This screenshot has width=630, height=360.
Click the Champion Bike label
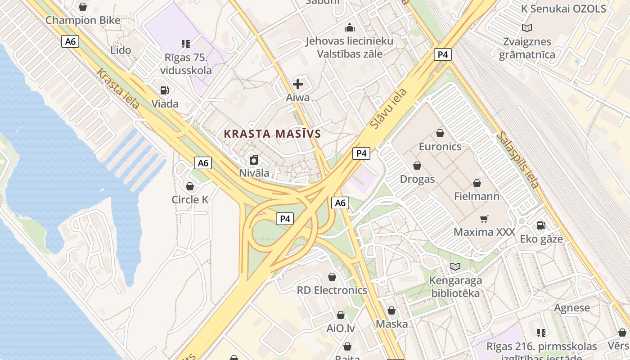(x=83, y=20)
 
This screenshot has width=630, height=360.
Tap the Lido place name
(x=121, y=50)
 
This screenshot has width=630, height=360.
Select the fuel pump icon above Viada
(x=165, y=90)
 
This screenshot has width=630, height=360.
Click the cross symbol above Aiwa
(x=298, y=84)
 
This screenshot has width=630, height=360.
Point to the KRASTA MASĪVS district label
(x=272, y=134)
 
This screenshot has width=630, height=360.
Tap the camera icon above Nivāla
(x=254, y=160)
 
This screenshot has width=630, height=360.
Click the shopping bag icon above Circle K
(x=190, y=186)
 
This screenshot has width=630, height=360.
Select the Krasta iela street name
(x=117, y=89)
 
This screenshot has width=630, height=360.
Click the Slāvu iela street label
(x=389, y=108)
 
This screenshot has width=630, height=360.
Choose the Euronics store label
(x=440, y=147)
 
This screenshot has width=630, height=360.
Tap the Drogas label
(x=417, y=179)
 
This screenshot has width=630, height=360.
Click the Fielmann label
(x=477, y=196)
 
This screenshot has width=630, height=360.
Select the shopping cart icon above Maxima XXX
(x=484, y=219)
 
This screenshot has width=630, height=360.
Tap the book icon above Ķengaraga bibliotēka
(x=455, y=267)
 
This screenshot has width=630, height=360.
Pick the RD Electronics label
(x=332, y=290)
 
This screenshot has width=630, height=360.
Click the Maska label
(x=391, y=324)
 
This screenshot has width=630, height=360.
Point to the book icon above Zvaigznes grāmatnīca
(x=527, y=28)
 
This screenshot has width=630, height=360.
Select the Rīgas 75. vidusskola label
(x=186, y=64)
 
